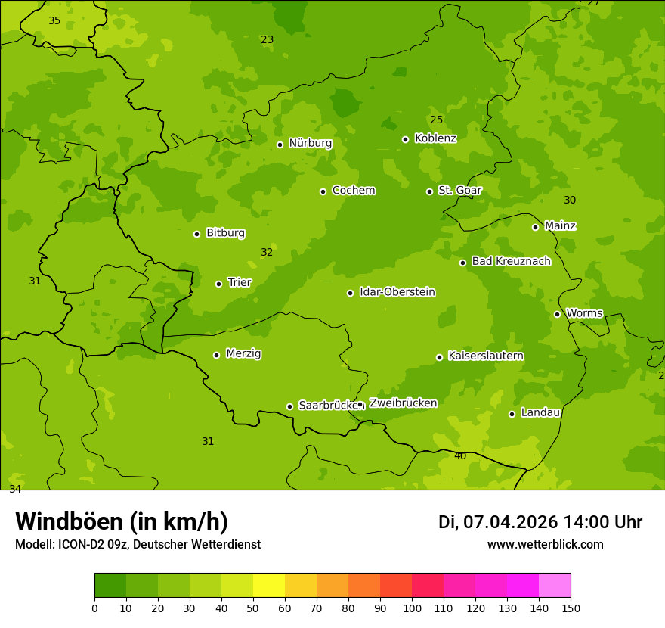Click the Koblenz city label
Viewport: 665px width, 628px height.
click(x=435, y=138)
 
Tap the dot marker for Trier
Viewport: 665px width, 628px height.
click(x=218, y=284)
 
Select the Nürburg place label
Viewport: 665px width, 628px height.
click(x=310, y=143)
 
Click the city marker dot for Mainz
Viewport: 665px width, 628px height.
click(x=535, y=227)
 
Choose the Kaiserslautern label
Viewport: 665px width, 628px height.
click(x=485, y=356)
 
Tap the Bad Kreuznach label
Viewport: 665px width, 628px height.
click(x=511, y=261)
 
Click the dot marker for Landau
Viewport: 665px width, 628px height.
click(x=512, y=414)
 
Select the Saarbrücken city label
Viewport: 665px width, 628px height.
click(x=327, y=406)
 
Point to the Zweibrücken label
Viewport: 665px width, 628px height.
click(x=403, y=403)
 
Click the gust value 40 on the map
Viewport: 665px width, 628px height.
click(x=460, y=455)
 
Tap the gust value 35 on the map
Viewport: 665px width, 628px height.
click(x=54, y=20)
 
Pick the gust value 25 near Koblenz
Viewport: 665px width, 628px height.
click(x=437, y=120)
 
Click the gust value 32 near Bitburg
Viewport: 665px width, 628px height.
click(x=267, y=252)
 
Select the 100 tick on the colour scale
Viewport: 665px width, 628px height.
click(x=412, y=608)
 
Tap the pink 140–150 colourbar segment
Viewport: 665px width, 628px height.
click(x=555, y=586)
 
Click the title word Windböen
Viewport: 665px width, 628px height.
click(x=70, y=521)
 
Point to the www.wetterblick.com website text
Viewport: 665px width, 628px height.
click(x=545, y=544)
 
